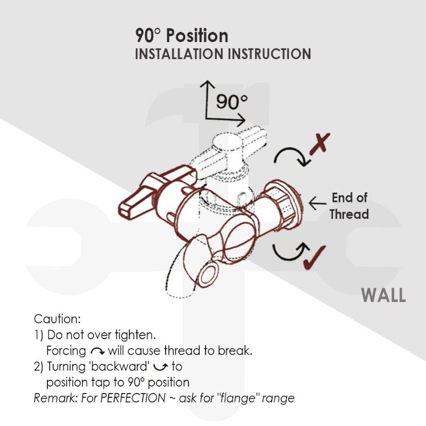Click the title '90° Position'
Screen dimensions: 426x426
(x=182, y=36)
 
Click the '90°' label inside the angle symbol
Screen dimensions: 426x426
(x=232, y=102)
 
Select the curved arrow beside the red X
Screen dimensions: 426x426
(x=290, y=156)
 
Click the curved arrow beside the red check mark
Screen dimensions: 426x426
(x=288, y=251)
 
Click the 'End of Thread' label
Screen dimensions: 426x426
(x=349, y=206)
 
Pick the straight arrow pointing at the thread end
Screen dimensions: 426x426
(x=317, y=202)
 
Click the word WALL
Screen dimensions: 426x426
(x=383, y=295)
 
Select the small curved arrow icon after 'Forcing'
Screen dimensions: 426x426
(x=97, y=351)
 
